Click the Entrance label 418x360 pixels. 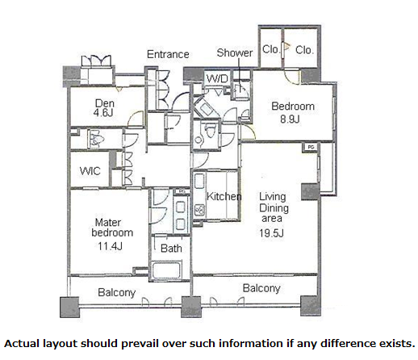(168, 54)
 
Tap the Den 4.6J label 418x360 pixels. (104, 107)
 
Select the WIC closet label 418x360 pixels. (90, 171)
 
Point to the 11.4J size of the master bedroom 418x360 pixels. (110, 246)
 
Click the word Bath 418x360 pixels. (171, 249)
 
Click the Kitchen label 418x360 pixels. (224, 196)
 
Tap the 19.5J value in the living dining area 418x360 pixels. (271, 233)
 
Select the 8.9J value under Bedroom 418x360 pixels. (290, 119)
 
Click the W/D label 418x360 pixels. (217, 79)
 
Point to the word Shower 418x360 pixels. (235, 52)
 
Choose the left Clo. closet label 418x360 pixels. (270, 49)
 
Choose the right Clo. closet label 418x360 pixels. (304, 50)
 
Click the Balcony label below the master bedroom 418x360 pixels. (116, 293)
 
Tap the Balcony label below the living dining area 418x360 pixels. (261, 288)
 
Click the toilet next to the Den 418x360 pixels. (94, 138)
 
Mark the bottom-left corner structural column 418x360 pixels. (69, 307)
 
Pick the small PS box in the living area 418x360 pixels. (311, 147)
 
